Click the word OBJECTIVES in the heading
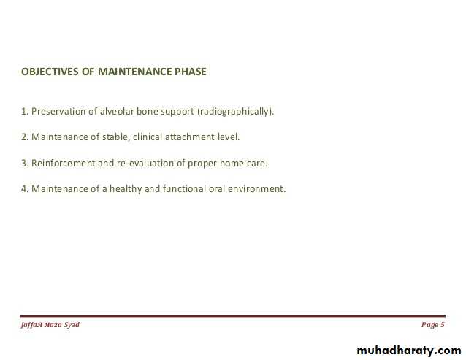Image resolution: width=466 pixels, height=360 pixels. click(x=50, y=72)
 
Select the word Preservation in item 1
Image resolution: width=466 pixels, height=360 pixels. click(x=58, y=112)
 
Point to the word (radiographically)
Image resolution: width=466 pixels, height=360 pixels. click(x=235, y=112)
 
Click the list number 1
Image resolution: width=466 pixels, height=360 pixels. click(x=25, y=112)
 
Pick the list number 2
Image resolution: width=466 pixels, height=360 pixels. click(x=25, y=137)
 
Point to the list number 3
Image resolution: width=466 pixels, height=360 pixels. click(x=25, y=163)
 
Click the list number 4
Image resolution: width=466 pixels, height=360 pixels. click(x=25, y=188)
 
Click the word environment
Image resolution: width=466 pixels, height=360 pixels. click(x=256, y=188)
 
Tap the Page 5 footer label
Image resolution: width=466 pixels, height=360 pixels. click(x=432, y=325)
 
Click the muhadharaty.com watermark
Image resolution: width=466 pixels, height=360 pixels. click(x=409, y=351)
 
